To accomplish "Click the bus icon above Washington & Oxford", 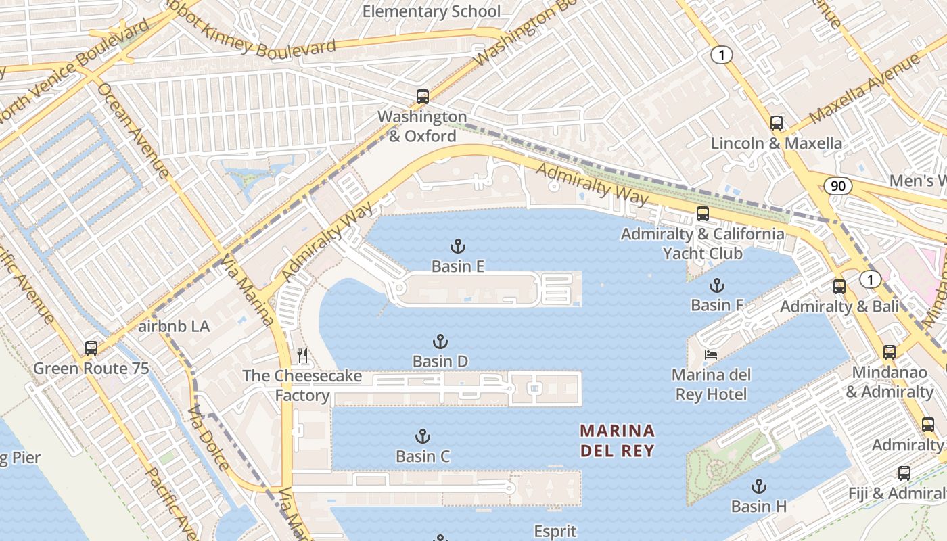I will click(x=423, y=96).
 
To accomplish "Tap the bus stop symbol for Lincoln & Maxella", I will click(x=777, y=123).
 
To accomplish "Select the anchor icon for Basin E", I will click(x=458, y=246).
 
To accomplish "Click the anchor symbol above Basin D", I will click(x=440, y=342).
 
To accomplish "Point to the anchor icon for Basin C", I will click(x=423, y=436).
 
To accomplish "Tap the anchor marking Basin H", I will click(x=759, y=486).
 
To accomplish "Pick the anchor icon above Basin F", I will click(x=716, y=285).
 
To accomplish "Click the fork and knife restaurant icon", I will click(x=302, y=355).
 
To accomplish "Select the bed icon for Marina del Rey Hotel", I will click(x=710, y=354).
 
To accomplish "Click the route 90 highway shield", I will click(x=838, y=186).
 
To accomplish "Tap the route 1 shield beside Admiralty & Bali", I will click(x=871, y=279).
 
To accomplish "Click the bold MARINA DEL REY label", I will click(x=617, y=440).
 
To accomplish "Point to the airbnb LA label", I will click(x=174, y=327).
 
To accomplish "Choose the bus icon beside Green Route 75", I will click(x=91, y=348).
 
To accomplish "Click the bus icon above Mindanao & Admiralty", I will click(x=890, y=352).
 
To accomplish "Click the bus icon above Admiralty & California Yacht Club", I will click(x=703, y=214).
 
